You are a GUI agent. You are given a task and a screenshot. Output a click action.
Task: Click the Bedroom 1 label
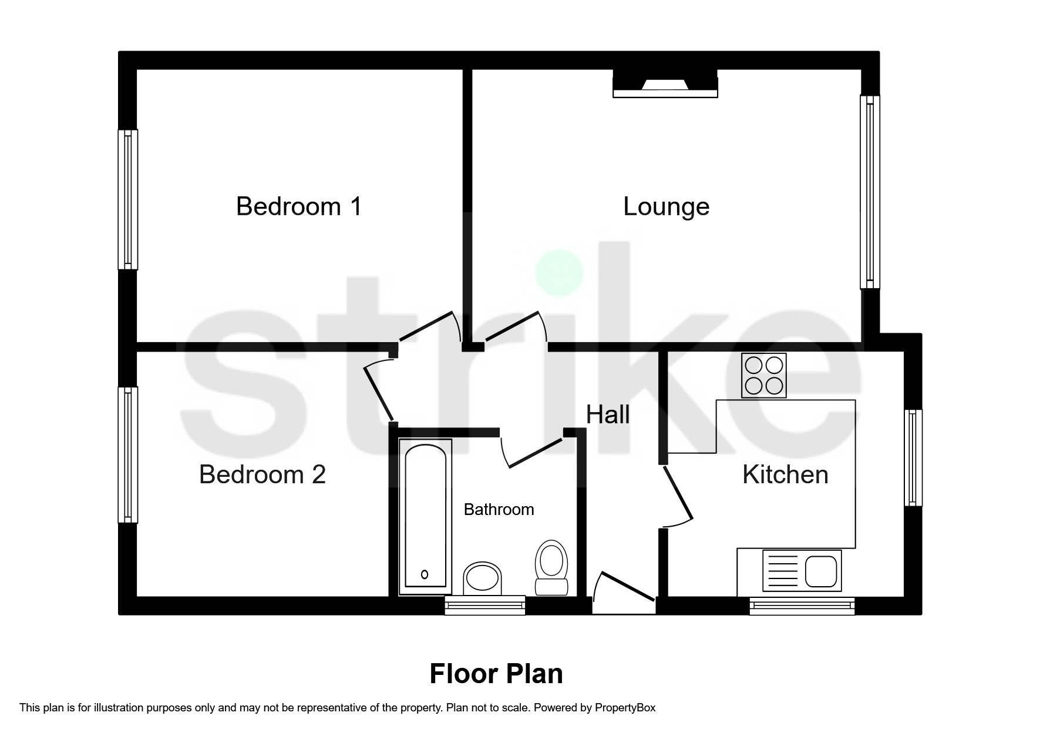click(299, 206)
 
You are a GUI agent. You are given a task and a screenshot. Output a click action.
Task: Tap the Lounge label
click(666, 206)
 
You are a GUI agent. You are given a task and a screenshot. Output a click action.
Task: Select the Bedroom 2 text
click(262, 474)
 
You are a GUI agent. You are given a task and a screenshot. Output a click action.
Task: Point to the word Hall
click(608, 414)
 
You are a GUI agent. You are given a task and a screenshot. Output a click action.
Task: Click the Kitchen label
click(785, 474)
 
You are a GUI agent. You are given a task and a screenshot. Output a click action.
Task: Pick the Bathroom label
click(499, 509)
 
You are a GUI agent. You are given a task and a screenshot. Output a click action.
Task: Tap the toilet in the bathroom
click(551, 567)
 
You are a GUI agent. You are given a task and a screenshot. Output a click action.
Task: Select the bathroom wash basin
click(483, 578)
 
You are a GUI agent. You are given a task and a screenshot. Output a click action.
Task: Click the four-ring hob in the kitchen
click(763, 376)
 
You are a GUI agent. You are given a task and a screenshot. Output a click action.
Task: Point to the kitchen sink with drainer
click(802, 570)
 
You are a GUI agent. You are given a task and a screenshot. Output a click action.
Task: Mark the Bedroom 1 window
click(128, 199)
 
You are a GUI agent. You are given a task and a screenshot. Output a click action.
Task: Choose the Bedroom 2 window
click(128, 454)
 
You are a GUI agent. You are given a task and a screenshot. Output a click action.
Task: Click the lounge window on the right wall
click(870, 192)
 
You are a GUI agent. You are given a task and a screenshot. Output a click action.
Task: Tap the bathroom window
click(484, 605)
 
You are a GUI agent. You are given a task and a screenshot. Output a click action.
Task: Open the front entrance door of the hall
click(624, 588)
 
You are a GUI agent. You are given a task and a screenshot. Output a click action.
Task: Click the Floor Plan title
click(496, 674)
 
